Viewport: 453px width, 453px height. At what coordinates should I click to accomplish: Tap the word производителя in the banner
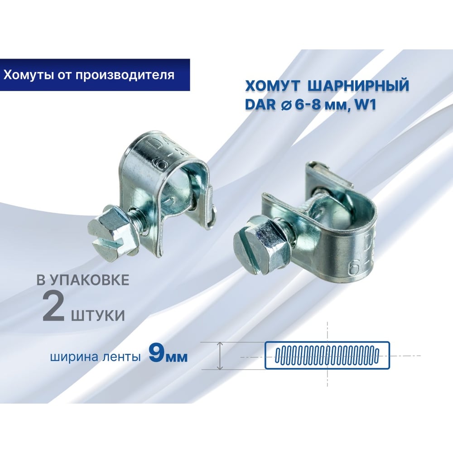pyautogui.click(x=125, y=75)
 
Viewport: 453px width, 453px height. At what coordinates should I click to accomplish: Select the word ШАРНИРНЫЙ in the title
pyautogui.click(x=358, y=86)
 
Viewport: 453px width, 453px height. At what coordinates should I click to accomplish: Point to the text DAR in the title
pyautogui.click(x=260, y=104)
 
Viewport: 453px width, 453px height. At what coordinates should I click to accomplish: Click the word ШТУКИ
pyautogui.click(x=98, y=315)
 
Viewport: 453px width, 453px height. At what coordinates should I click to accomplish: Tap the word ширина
pyautogui.click(x=75, y=357)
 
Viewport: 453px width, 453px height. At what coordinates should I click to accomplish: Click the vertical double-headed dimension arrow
pyautogui.click(x=220, y=356)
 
